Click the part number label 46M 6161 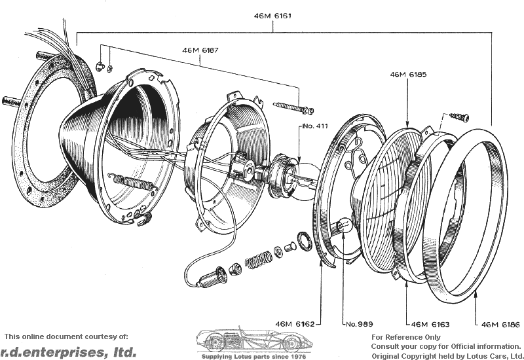point(272,16)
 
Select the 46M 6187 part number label point(200,50)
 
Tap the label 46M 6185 point(408,75)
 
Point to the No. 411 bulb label point(315,126)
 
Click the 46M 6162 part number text point(295,324)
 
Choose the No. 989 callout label point(359,324)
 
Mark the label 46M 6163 point(430,324)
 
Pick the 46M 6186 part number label point(500,324)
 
